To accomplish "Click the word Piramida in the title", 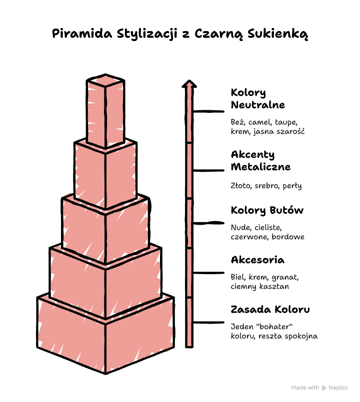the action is click(82, 33).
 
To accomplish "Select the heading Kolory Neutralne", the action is click(258, 99).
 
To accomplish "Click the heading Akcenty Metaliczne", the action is click(260, 161).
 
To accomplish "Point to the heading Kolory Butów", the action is click(267, 210).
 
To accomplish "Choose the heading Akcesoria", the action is click(257, 260).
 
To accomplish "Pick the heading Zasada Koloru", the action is click(270, 310).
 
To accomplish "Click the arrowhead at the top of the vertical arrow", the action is click(189, 84).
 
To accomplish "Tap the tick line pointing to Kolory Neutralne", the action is click(208, 111).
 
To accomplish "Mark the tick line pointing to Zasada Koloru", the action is click(208, 323).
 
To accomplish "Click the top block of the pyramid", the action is click(105, 111).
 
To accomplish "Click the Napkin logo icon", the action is click(324, 388).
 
